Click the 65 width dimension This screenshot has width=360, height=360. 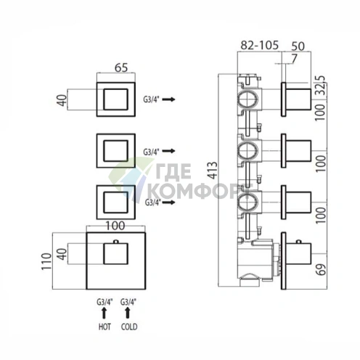pos(121,67)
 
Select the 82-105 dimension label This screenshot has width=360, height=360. pos(259,45)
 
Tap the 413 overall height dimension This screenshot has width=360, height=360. pos(213,171)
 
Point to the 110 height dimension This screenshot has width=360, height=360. pos(46,261)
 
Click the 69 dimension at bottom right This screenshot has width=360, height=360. pos(322,269)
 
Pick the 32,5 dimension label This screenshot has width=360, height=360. pos(321,86)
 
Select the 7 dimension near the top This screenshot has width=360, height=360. pos(294,59)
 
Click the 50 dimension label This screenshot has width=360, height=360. pos(298,46)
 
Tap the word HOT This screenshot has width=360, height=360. pos(105,327)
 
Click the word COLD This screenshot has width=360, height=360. pos(129,327)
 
